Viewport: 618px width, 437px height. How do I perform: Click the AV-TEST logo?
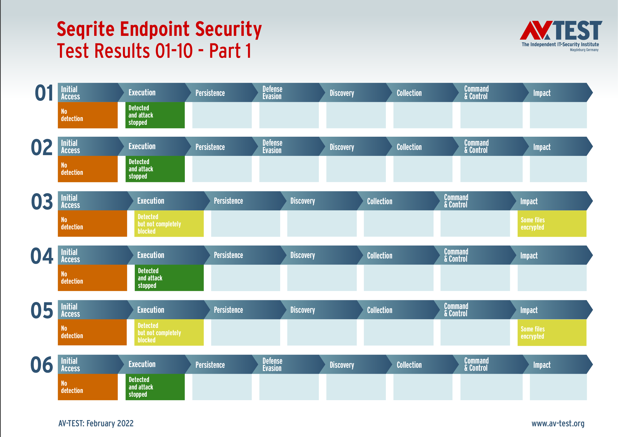coord(561,35)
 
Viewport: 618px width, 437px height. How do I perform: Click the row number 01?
coord(44,93)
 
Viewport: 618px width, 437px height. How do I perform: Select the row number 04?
coord(42,256)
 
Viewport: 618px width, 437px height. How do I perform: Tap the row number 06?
coord(42,365)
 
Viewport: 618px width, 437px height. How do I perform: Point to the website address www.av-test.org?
coord(558,423)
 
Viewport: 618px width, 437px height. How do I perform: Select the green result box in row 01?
coord(155,115)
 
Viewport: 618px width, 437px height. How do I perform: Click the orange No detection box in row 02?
coord(88,169)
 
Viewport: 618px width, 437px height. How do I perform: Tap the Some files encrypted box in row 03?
coord(552,224)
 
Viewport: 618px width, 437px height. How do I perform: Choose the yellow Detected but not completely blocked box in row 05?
coord(169,332)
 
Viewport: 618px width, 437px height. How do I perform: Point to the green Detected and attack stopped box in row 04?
coord(169,278)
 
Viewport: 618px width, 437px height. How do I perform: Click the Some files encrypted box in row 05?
coord(552,333)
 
